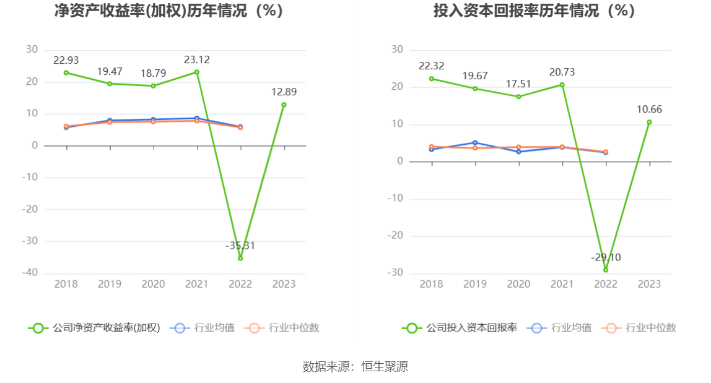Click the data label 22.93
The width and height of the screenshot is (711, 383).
click(x=66, y=60)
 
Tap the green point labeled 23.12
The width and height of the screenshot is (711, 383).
click(x=197, y=72)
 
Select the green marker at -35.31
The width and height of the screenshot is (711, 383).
click(x=240, y=258)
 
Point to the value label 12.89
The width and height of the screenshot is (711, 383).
click(x=284, y=92)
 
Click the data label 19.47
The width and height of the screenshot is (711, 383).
click(x=110, y=71)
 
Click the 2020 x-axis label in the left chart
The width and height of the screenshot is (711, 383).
click(x=153, y=284)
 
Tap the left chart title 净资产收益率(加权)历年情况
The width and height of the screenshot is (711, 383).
click(x=168, y=11)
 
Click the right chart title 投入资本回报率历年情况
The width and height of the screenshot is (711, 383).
click(x=534, y=11)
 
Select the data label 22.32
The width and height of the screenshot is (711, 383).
click(x=432, y=66)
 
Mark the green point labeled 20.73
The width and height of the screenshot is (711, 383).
click(x=562, y=85)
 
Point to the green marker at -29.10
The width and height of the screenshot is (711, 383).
click(x=606, y=270)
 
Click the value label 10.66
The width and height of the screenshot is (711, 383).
click(x=649, y=110)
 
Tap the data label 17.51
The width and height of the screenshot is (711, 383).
click(x=518, y=84)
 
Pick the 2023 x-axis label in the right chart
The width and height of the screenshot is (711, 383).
click(x=649, y=284)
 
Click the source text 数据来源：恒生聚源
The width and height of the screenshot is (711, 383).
click(x=355, y=366)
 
